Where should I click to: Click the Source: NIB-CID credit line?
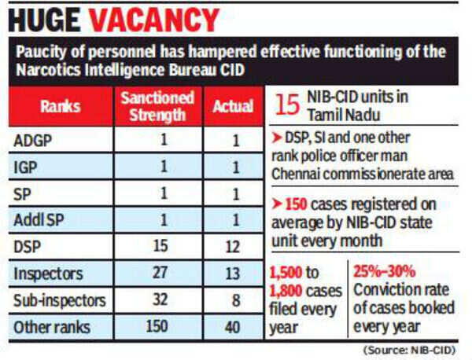click(x=418, y=349)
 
